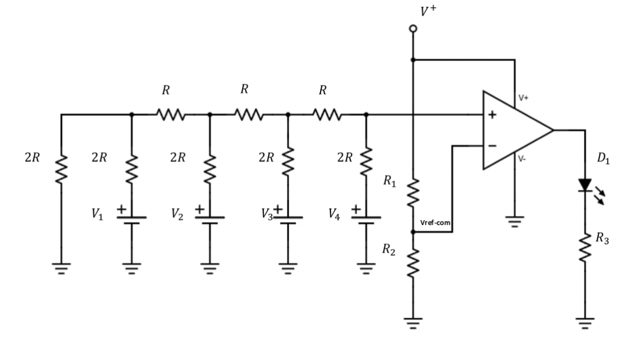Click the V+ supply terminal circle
[413, 28]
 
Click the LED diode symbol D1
[585, 185]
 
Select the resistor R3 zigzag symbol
[585, 247]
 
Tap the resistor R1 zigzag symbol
[413, 191]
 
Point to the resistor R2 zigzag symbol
[413, 262]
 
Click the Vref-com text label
[435, 223]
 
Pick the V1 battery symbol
[132, 219]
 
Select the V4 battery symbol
[366, 219]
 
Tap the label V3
[267, 215]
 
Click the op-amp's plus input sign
[492, 115]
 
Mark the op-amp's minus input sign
[492, 146]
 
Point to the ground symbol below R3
[585, 323]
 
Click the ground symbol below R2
[413, 323]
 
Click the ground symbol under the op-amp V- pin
[515, 221]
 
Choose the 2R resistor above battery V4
[366, 160]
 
